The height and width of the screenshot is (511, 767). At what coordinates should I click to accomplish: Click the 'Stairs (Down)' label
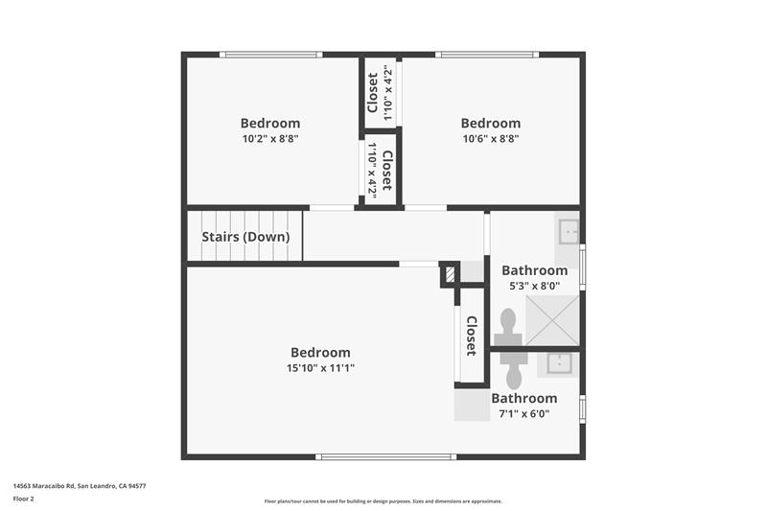(245, 237)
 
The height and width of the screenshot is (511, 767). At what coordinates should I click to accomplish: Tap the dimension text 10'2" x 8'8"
(269, 139)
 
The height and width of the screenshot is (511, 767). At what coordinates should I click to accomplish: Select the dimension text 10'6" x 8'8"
(490, 139)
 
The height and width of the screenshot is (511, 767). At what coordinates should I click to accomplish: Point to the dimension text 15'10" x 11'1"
(320, 368)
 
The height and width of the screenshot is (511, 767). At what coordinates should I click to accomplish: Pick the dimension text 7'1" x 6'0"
(524, 414)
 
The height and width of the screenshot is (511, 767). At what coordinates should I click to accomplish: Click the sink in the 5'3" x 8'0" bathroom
(569, 230)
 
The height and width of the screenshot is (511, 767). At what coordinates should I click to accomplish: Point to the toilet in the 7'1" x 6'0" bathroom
(513, 370)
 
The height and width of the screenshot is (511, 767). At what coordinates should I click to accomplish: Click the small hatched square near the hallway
(450, 276)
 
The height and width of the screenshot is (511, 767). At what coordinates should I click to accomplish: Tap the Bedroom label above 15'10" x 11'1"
(320, 352)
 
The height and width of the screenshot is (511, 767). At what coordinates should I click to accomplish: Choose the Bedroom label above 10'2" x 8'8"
(269, 123)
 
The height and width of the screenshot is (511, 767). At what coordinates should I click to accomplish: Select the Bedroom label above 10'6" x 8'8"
(490, 123)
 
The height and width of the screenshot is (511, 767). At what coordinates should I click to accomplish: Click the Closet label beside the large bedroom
(471, 336)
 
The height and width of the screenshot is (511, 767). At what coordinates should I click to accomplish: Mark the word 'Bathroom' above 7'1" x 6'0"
(524, 398)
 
